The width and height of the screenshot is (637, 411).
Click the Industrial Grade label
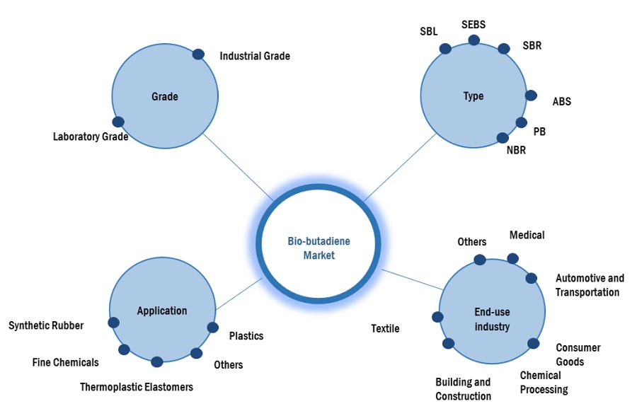(x=255, y=56)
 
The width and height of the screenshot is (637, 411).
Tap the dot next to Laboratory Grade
(x=118, y=122)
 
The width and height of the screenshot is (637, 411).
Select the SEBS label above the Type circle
(x=474, y=25)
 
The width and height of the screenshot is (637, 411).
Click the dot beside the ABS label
(x=531, y=95)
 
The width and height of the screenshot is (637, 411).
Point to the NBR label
(x=516, y=150)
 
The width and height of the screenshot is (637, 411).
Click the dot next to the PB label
(x=521, y=122)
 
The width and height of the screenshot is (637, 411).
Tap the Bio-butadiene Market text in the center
(x=318, y=248)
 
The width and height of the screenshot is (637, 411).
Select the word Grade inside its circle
(x=165, y=96)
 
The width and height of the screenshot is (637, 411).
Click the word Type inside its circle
(x=474, y=95)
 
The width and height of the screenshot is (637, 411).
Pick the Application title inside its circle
(x=162, y=311)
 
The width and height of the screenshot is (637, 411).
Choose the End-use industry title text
(x=492, y=319)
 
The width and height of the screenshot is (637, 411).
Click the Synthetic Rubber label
(x=46, y=325)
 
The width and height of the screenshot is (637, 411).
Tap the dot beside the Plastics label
(x=212, y=327)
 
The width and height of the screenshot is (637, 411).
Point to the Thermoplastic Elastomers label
(x=136, y=387)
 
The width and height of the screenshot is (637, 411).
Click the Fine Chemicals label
(x=65, y=362)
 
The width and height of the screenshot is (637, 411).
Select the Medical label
(x=527, y=235)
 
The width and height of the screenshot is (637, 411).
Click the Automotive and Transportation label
(x=590, y=285)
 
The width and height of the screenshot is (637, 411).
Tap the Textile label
(x=385, y=328)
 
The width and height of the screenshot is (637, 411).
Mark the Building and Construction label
(x=463, y=389)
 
